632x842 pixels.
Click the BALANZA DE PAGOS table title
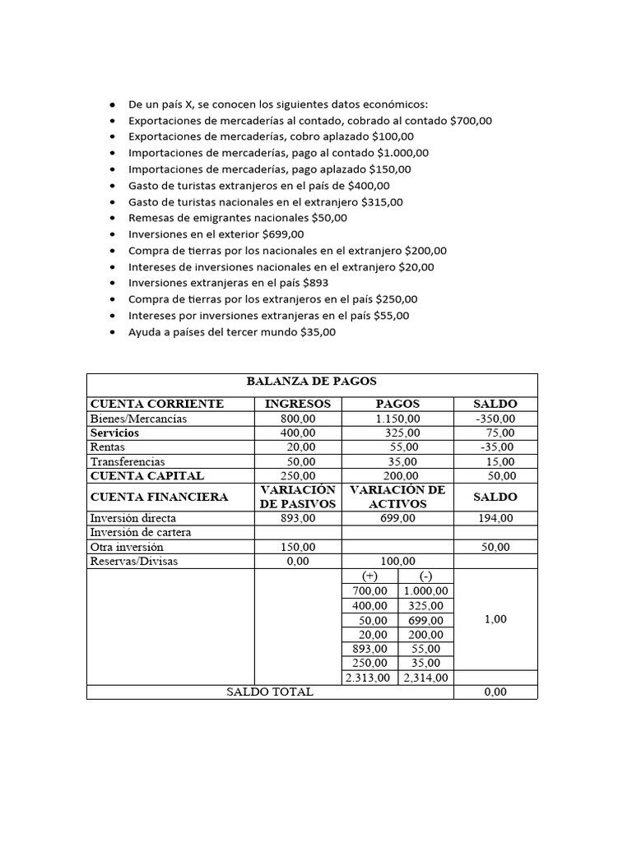(311, 382)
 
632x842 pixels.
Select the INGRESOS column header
(297, 404)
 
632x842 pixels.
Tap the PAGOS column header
(397, 404)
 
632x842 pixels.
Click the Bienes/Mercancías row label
(139, 419)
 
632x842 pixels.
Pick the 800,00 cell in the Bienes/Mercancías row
(297, 419)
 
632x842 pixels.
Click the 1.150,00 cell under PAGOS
(397, 419)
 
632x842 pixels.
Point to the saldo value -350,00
(495, 419)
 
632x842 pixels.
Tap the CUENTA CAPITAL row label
(147, 475)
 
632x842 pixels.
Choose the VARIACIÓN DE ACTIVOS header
(397, 497)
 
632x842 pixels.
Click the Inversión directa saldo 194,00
(495, 518)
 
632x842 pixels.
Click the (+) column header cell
(369, 576)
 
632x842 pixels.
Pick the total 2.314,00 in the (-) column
(425, 678)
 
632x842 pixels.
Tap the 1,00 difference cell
(495, 619)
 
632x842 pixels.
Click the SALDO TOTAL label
(270, 692)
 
